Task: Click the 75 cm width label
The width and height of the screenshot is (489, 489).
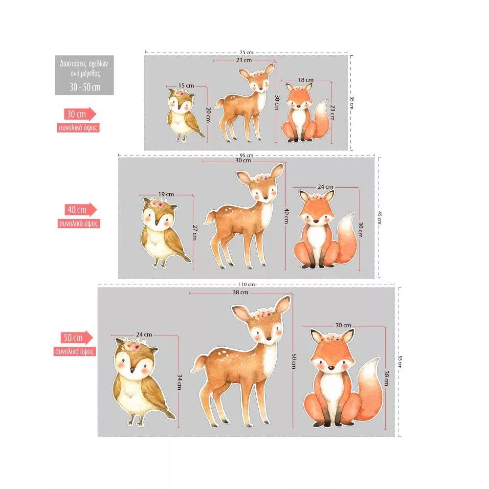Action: (246, 52)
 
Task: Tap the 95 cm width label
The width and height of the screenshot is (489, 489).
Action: (246, 156)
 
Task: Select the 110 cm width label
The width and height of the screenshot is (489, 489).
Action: (246, 285)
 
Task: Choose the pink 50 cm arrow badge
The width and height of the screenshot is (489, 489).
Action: (77, 338)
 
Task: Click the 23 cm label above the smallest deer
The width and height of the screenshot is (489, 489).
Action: (244, 60)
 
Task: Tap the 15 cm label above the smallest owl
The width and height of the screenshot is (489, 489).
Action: (186, 86)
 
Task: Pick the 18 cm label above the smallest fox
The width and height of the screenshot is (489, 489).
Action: (306, 80)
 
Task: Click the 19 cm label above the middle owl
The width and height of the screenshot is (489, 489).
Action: (166, 194)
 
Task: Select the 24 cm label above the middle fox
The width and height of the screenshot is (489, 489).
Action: (325, 187)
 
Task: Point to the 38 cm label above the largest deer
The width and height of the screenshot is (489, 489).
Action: (241, 292)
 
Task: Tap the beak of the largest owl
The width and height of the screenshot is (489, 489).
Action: (132, 370)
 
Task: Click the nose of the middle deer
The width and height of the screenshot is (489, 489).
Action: (265, 198)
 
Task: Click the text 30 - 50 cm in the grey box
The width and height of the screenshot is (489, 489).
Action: (85, 87)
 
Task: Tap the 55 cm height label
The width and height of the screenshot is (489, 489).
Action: (400, 362)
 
